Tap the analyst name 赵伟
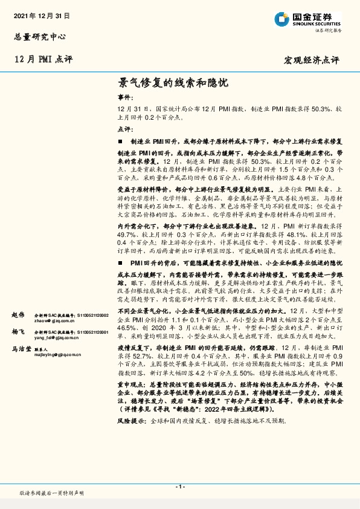18,315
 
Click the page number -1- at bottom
179,487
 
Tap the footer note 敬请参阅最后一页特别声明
51,493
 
